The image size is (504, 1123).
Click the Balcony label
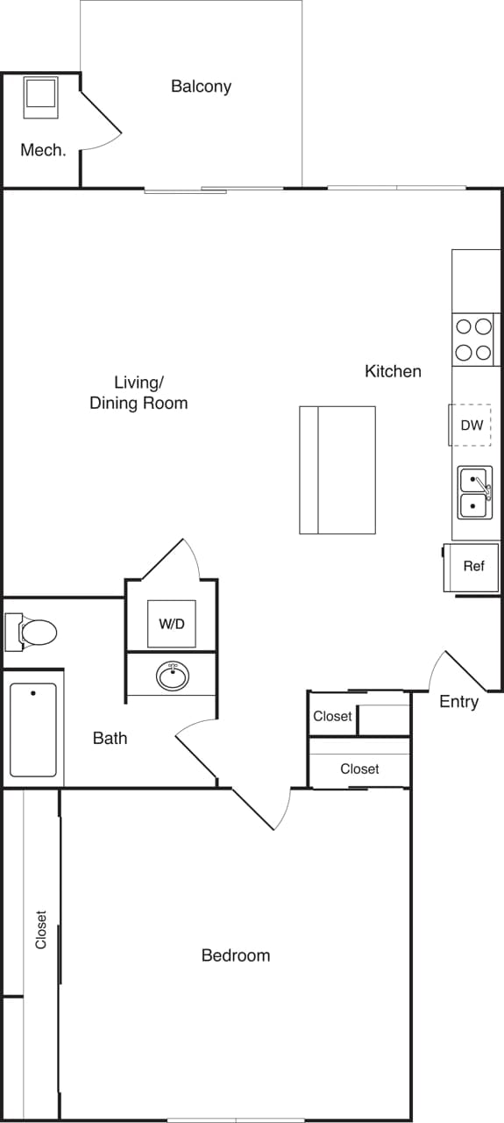point(201,86)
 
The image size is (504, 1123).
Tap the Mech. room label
point(43,150)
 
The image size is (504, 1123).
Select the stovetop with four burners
point(473,340)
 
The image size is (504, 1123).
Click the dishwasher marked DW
point(472,426)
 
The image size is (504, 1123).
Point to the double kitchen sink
point(474,492)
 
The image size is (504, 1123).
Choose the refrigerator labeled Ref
point(473,567)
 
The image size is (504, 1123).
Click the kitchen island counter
point(337,469)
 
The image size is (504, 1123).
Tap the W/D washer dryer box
point(172,624)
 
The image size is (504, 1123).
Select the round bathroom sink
point(172,676)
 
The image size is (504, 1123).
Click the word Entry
point(458,702)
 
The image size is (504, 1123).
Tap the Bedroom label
point(236,955)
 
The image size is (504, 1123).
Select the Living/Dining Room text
point(138,393)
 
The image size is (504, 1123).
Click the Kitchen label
point(393,371)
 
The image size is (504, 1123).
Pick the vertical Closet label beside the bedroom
point(40,930)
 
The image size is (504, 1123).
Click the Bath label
point(110,738)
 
